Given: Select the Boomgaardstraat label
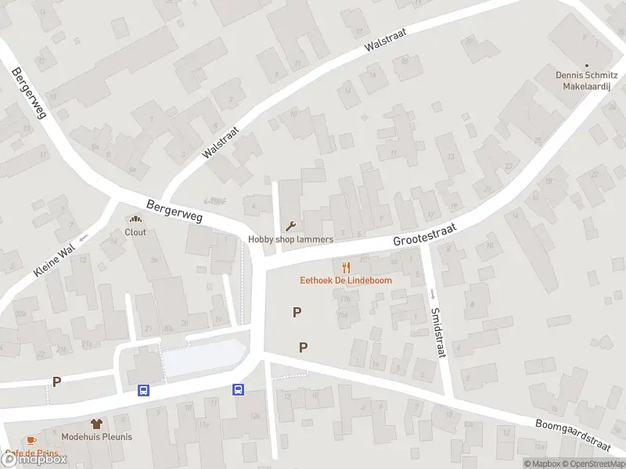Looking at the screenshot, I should [x=573, y=435].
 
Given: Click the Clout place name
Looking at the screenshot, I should [x=135, y=232].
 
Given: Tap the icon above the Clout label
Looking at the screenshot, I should [x=135, y=220].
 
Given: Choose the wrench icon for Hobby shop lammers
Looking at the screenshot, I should [x=291, y=227].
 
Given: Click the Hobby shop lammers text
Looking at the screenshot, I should [x=291, y=239].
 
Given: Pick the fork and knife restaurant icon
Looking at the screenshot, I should [x=346, y=267].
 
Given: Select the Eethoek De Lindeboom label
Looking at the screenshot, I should [x=346, y=281].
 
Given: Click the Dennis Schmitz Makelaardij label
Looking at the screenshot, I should [x=588, y=81].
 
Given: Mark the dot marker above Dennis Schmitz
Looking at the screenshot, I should [x=588, y=66].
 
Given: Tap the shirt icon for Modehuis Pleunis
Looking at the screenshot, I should [x=97, y=423].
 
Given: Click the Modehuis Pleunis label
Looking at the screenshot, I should [x=97, y=437].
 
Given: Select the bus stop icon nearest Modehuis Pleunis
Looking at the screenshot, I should [x=144, y=389].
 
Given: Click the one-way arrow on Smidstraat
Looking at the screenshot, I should [x=431, y=294].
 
